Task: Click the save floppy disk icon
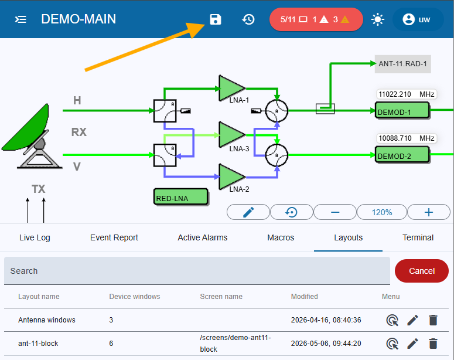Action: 216,19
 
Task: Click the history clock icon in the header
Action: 248,19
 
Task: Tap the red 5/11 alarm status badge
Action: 316,19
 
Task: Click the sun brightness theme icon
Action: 378,20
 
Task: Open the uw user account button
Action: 418,19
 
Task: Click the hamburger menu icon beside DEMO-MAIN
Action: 21,19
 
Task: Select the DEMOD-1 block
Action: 402,110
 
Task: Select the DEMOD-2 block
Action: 402,154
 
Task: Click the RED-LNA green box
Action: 180,197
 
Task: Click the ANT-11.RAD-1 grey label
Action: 403,64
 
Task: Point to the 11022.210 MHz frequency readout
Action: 406,94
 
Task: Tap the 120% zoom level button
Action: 382,212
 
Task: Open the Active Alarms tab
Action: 202,237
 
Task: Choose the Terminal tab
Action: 418,237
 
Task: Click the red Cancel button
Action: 422,271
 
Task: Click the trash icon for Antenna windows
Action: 433,320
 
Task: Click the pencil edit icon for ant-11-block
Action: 412,344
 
